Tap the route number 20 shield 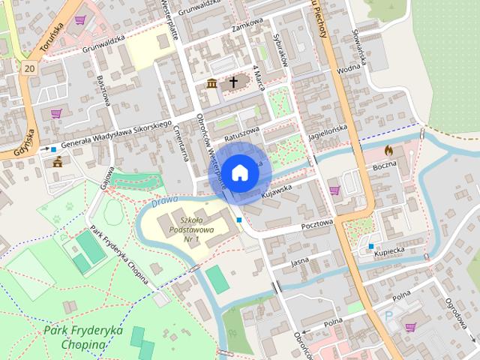(29, 68)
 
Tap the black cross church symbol (233, 82)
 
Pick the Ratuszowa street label (241, 133)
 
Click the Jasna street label (299, 262)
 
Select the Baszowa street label (104, 89)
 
